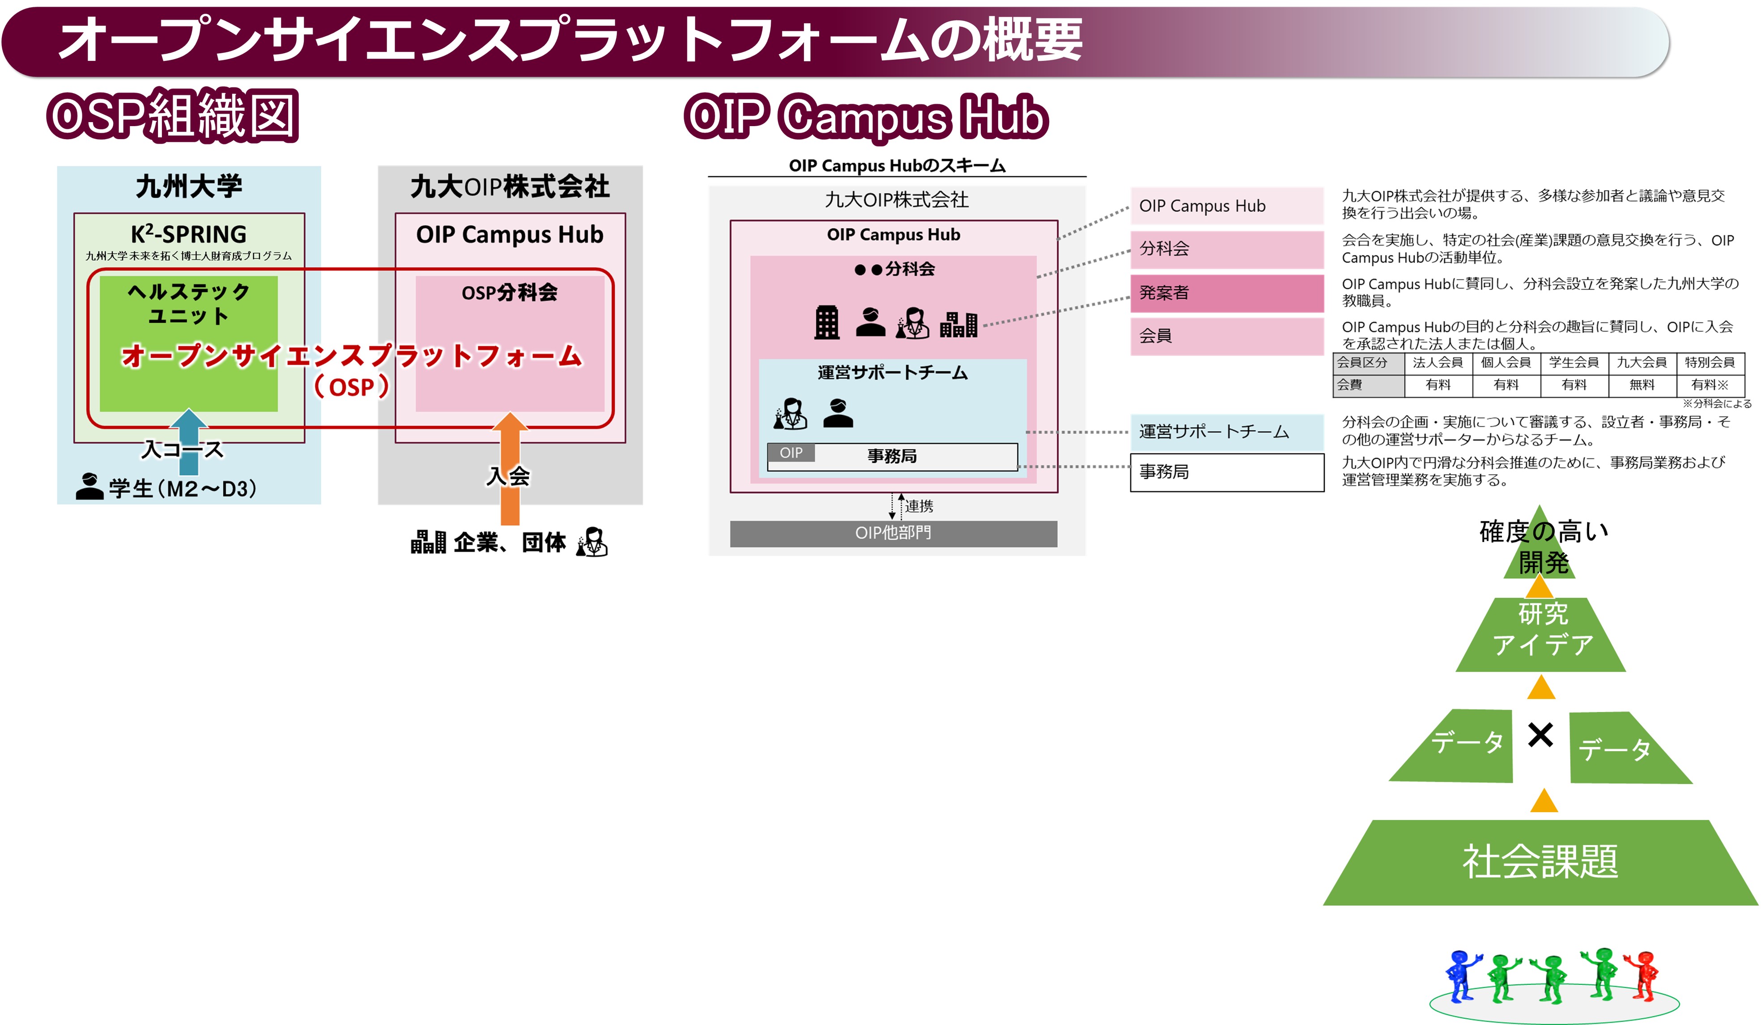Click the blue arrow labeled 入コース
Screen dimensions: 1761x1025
(189, 441)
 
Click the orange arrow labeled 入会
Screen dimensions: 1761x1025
(510, 468)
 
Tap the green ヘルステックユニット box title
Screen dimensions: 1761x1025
(189, 303)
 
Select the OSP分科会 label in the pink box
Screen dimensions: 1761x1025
(510, 292)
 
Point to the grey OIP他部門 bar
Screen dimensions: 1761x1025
(893, 533)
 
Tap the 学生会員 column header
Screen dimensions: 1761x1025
(1574, 362)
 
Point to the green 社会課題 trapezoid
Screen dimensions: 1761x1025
(1540, 862)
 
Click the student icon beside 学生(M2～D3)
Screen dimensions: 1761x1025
(89, 486)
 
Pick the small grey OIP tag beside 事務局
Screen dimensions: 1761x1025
(791, 453)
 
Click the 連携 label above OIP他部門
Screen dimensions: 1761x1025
(919, 506)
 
